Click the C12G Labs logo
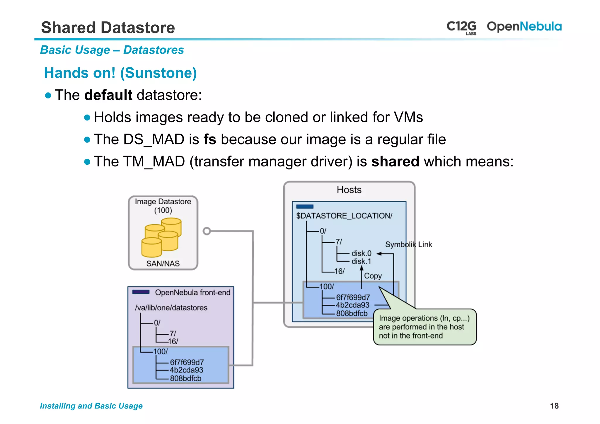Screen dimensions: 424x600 (x=461, y=27)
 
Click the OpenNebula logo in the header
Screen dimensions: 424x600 (x=524, y=27)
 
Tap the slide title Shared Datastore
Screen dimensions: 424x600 (x=108, y=28)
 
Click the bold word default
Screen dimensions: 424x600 (x=108, y=95)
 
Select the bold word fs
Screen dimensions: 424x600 (x=210, y=139)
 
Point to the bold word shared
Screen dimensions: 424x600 (x=395, y=161)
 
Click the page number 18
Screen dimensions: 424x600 (x=554, y=406)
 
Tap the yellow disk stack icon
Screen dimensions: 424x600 (x=162, y=237)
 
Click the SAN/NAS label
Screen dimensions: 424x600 (x=163, y=263)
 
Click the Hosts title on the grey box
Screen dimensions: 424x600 (x=349, y=190)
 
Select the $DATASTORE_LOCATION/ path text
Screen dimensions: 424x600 (x=344, y=216)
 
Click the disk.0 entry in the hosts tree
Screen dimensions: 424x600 (x=361, y=253)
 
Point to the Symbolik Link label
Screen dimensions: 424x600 (x=408, y=244)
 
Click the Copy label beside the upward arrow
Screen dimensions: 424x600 (x=373, y=276)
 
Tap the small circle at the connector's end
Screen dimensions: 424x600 (x=207, y=231)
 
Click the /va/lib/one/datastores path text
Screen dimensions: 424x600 (x=171, y=308)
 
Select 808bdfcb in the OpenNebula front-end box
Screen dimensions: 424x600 (x=185, y=378)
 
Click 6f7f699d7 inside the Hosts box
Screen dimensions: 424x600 (x=353, y=297)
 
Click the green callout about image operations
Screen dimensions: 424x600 (x=425, y=327)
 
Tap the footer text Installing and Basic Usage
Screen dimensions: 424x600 (x=91, y=406)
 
